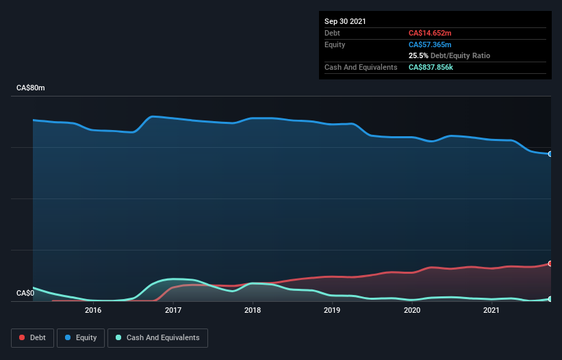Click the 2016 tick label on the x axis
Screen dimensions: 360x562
(x=93, y=310)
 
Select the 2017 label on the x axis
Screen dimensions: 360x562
(x=173, y=310)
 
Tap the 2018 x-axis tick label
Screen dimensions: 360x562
(x=253, y=310)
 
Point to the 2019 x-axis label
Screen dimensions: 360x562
(x=332, y=310)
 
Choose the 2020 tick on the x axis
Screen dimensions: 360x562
(x=412, y=310)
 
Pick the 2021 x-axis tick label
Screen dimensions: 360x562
(x=491, y=310)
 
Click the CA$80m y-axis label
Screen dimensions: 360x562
(x=31, y=88)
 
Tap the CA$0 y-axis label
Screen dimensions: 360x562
(x=25, y=294)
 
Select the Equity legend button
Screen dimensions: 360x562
(x=80, y=337)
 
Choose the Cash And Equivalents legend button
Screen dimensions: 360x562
(x=157, y=337)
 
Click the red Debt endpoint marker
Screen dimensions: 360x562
(x=550, y=263)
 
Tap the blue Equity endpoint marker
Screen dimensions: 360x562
(x=550, y=154)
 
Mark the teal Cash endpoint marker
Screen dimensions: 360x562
(x=550, y=299)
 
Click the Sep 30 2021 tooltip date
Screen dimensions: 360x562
(x=345, y=21)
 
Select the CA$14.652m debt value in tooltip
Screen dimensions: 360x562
(x=430, y=33)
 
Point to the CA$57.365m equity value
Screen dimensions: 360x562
(x=430, y=44)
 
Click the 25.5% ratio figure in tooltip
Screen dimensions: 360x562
(x=418, y=55)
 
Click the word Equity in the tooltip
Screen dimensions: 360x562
(x=335, y=44)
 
